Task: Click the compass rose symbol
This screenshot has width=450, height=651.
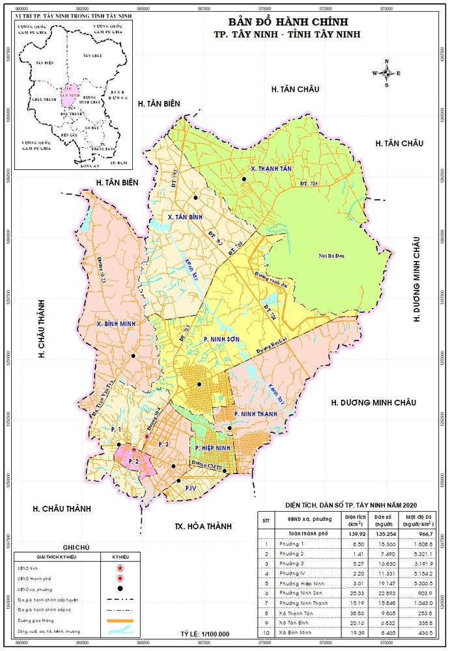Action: [386, 74]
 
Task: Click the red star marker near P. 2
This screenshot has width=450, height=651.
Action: [134, 450]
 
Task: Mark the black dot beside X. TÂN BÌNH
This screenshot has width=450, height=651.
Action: [194, 197]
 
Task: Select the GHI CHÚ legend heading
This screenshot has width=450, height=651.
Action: [76, 548]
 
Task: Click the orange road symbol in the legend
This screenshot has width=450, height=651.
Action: [119, 621]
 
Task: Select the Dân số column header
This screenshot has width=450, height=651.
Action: [384, 520]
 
